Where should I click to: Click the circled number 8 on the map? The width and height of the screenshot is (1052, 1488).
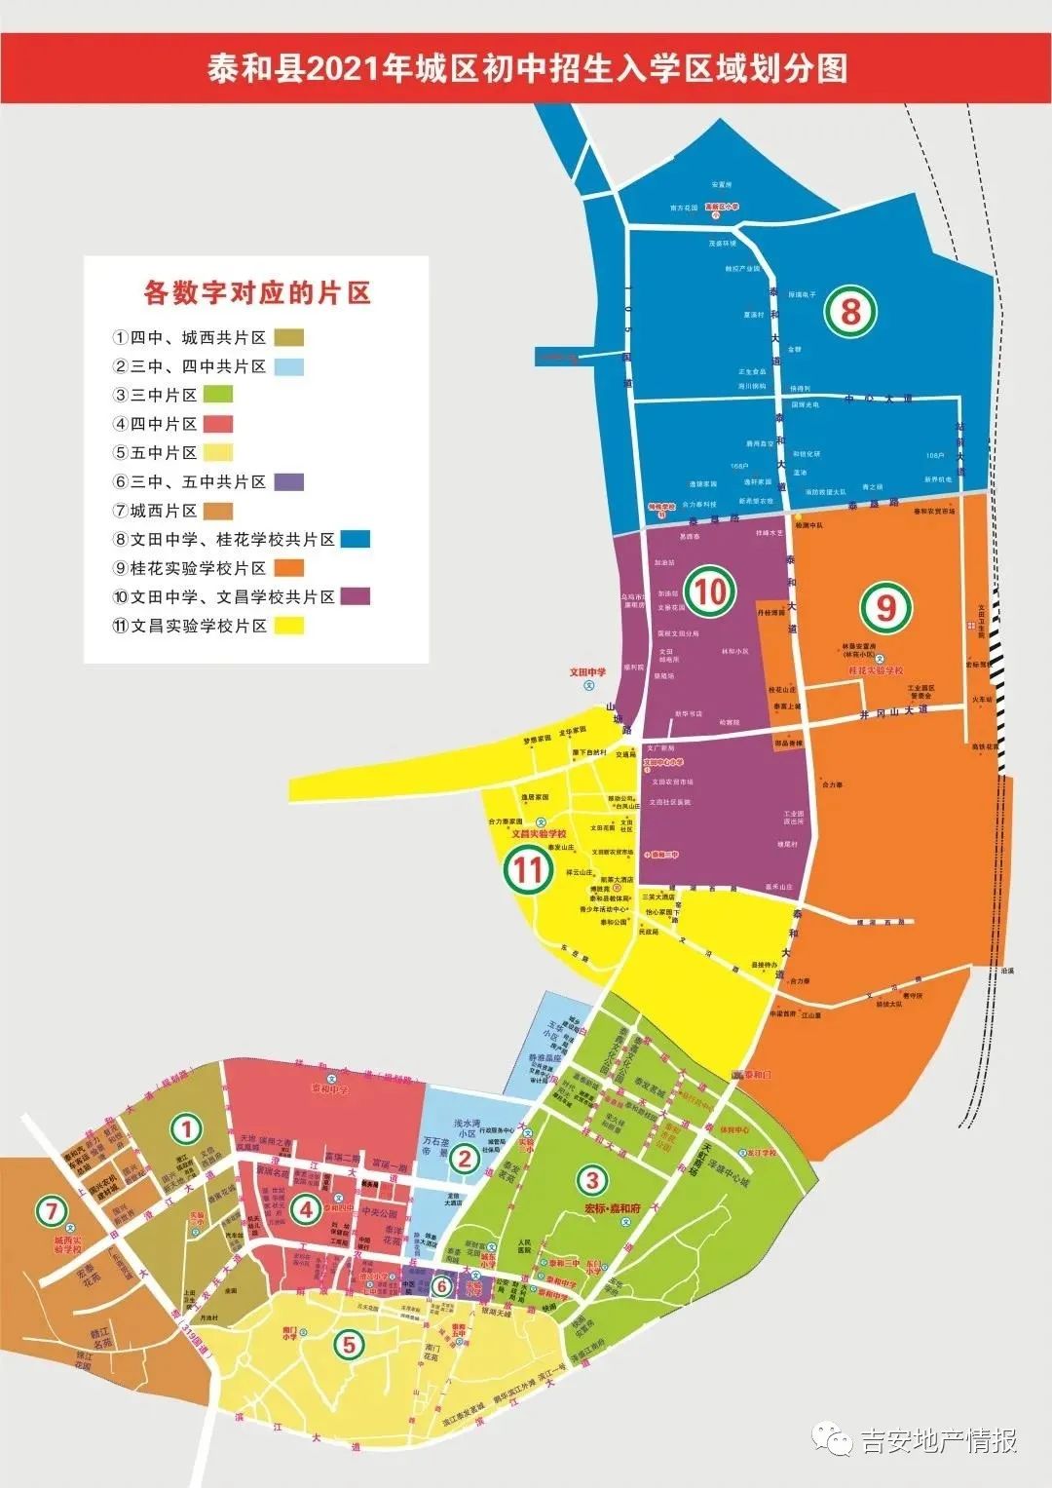point(850,312)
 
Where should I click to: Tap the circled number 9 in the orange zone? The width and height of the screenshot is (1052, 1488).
point(885,608)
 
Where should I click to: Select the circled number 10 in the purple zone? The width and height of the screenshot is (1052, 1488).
point(710,591)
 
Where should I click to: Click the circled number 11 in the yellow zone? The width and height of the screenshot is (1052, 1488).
point(528,868)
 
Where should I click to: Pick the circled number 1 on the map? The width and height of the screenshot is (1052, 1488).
point(185,1129)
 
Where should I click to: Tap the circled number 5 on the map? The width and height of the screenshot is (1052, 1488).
point(349,1346)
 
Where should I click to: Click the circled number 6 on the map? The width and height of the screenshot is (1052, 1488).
point(441,1286)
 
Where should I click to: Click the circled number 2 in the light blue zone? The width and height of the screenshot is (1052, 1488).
point(465,1159)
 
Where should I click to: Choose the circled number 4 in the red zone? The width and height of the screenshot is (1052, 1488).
point(307,1210)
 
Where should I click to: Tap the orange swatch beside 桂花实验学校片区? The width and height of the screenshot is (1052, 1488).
point(289,568)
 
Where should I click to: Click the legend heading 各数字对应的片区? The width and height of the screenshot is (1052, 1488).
point(257,292)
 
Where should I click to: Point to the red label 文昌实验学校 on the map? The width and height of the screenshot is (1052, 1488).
point(539,834)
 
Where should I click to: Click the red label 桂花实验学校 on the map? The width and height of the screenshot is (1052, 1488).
point(876,671)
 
